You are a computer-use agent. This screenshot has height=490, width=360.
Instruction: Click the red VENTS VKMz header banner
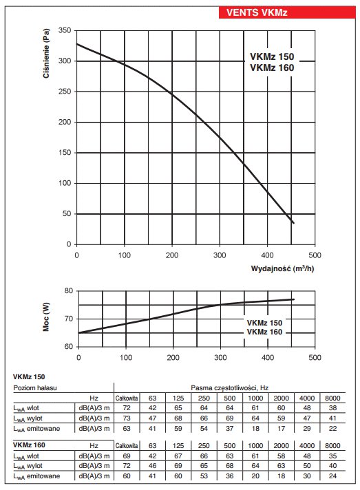287,12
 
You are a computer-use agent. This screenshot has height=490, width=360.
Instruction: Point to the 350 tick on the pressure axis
65,30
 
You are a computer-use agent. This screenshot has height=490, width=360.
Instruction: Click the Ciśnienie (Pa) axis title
46,54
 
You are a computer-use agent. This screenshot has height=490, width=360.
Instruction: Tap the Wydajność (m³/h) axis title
282,268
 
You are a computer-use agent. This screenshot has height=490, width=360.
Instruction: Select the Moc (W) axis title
46,317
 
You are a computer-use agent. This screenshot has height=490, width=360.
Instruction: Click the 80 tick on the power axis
68,290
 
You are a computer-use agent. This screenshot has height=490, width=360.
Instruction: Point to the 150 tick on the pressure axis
65,153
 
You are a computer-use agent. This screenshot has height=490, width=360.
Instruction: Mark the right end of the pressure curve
293,223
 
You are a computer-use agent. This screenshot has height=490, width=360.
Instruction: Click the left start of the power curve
78,333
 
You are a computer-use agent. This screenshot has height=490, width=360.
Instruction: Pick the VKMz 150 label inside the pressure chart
272,56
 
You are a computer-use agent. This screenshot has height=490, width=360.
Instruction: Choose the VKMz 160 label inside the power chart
264,332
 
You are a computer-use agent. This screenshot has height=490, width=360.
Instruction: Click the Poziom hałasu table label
35,388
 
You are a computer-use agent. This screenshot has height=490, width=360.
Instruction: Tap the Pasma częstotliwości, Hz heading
230,388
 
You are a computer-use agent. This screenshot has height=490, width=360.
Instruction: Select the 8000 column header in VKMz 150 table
332,398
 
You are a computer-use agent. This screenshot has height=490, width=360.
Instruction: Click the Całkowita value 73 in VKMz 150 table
127,418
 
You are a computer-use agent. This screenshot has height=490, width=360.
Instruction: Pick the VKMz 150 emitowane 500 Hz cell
230,429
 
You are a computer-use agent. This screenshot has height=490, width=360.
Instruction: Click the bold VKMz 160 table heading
29,445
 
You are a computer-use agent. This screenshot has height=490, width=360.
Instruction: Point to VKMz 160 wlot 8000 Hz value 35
332,456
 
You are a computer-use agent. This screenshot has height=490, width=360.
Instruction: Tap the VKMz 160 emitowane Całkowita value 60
127,476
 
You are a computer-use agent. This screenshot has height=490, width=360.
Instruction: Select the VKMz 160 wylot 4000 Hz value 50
307,466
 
